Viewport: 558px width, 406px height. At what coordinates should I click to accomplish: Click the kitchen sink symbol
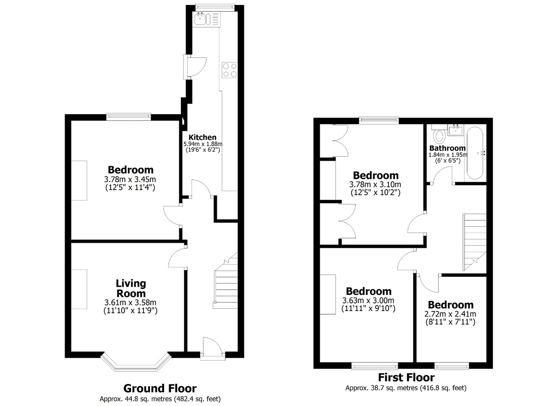point(200,19)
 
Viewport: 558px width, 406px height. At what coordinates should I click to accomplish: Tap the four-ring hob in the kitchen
point(230,70)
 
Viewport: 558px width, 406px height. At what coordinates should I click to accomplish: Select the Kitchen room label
point(202,137)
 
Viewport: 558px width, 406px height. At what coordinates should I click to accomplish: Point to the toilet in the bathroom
point(440,136)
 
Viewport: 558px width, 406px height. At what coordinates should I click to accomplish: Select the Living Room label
point(131,288)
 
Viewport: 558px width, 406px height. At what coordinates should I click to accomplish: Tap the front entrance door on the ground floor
point(213,348)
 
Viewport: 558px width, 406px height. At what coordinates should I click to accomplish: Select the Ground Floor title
point(160,388)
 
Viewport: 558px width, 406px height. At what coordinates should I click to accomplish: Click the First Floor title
point(406,377)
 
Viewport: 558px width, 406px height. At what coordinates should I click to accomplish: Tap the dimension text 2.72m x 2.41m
point(450,314)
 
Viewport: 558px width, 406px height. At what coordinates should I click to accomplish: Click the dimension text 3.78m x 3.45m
point(130,179)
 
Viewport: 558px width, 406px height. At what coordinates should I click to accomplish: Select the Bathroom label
point(447,148)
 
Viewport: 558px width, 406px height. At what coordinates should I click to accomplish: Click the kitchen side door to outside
point(192,66)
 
